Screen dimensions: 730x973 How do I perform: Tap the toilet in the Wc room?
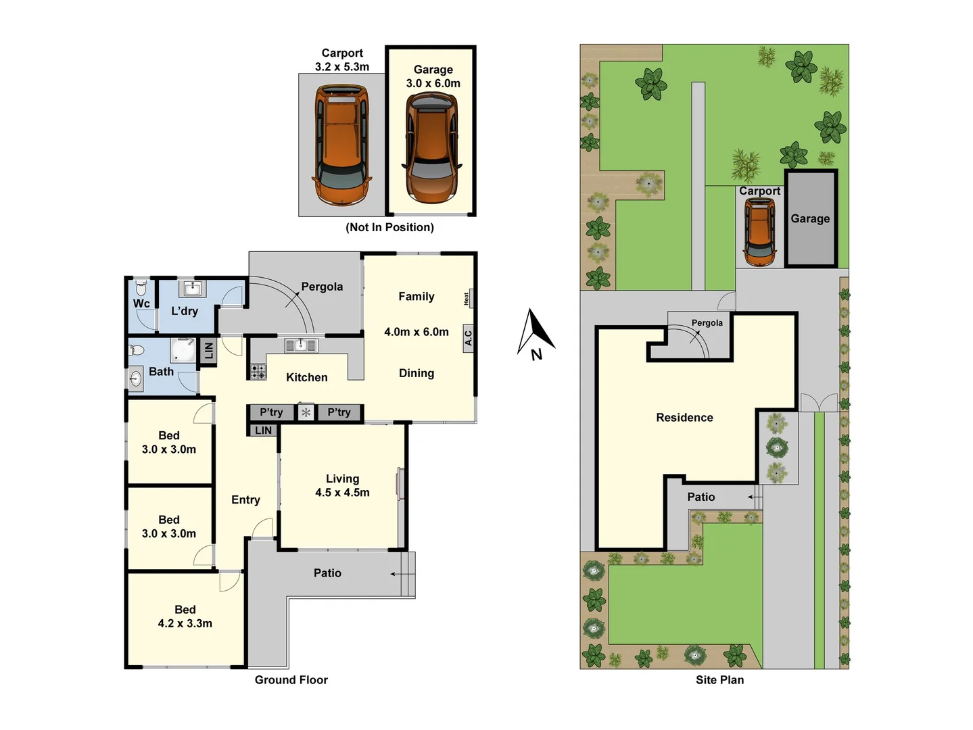141,287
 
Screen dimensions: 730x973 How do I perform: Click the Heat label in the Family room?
467,298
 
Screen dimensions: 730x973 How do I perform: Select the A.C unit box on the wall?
468,337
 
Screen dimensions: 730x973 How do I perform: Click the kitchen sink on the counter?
300,345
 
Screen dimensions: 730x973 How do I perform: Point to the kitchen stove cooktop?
258,371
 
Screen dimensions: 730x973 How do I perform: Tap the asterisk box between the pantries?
306,412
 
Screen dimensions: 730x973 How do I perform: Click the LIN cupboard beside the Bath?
208,351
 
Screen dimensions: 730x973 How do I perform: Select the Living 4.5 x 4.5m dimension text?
342,493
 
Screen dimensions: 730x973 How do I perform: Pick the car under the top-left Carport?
342,144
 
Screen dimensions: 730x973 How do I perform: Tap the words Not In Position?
389,227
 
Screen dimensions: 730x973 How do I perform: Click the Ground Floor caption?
291,680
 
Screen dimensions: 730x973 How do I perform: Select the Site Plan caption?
719,680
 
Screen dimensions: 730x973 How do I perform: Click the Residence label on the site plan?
684,418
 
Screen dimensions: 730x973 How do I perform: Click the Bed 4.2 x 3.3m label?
185,616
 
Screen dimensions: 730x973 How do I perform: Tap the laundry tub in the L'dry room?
191,289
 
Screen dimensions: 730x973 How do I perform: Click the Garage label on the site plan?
810,218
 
